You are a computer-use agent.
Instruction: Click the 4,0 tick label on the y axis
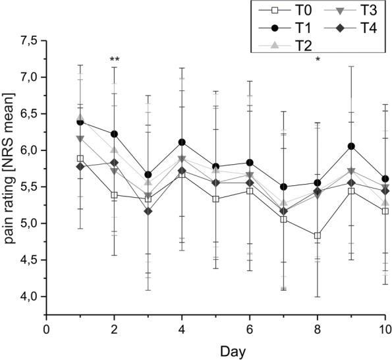coord(29,297)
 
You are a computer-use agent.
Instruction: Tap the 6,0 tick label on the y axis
coord(29,150)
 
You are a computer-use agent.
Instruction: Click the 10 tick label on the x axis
coord(385,329)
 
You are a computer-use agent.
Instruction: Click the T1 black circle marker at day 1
coord(80,122)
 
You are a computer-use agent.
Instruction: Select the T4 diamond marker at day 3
coord(148,212)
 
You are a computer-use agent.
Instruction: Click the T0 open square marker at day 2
coord(115,195)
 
